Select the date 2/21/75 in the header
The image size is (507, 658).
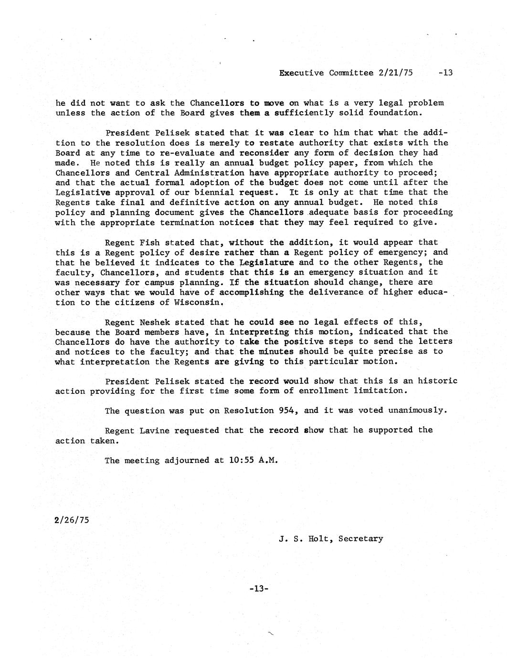click(395, 73)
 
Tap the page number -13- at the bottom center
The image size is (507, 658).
click(259, 589)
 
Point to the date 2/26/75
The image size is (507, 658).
click(72, 520)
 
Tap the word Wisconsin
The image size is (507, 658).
click(199, 303)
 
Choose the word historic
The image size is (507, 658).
click(437, 381)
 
